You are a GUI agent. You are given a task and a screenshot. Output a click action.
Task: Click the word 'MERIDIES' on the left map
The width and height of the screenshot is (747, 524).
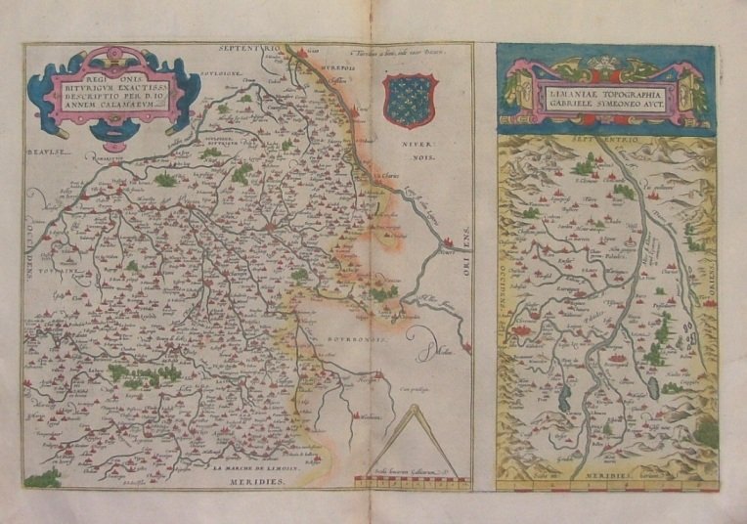point(255,482)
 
